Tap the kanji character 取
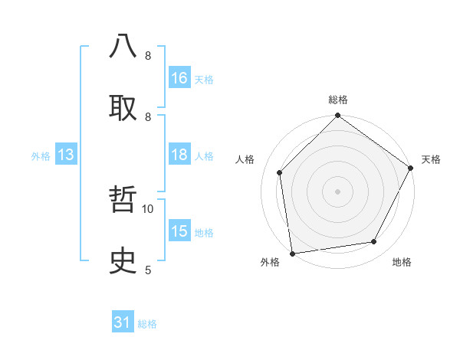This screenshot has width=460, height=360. (123, 107)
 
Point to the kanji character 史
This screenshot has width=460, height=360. (123, 261)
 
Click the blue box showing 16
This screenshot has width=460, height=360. (179, 78)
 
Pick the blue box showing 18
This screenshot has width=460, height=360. (179, 155)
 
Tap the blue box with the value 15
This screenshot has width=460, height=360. (179, 231)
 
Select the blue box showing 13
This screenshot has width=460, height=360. (66, 155)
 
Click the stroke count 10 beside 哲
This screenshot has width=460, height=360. (148, 208)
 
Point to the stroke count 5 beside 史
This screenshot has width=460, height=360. (148, 270)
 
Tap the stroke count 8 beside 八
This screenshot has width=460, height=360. (148, 56)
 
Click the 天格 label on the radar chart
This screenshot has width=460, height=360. (431, 159)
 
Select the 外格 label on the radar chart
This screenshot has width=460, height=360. (270, 263)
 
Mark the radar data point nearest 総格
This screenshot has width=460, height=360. (337, 116)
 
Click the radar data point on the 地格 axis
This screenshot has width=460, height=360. (374, 242)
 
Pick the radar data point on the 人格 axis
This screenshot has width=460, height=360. (280, 172)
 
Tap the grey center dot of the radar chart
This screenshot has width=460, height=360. (337, 191)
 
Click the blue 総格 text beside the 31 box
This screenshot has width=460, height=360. (147, 324)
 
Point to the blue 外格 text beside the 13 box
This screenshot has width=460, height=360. (41, 155)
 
